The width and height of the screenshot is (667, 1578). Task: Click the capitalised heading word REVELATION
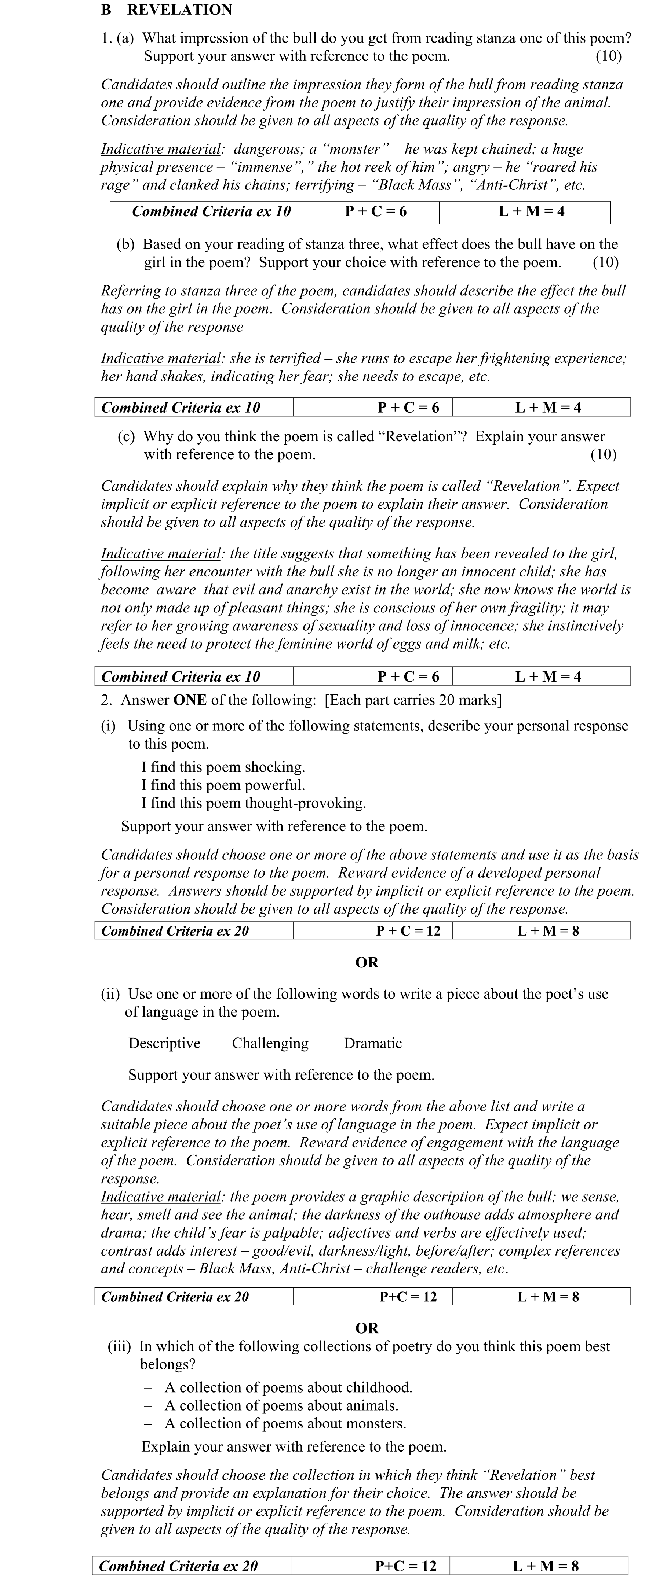180,10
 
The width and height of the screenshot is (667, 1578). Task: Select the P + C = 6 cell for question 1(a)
375,211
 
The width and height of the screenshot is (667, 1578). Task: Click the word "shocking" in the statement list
274,767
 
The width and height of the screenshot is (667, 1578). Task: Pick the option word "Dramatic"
373,1043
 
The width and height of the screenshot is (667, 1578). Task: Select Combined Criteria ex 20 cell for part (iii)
178,1566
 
